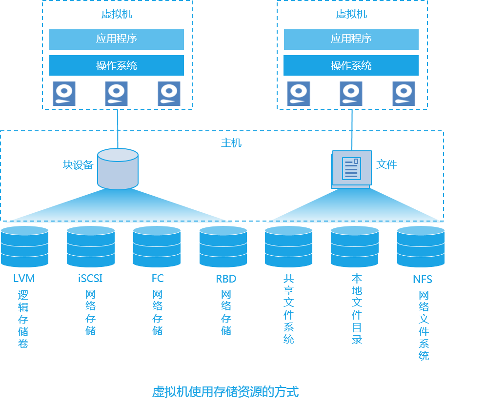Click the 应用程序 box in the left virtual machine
[x=117, y=39]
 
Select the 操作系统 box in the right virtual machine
[x=351, y=65]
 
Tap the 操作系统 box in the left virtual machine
[x=117, y=65]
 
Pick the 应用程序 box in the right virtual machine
[x=351, y=39]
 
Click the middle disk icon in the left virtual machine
[x=117, y=94]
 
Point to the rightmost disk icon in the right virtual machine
[x=404, y=94]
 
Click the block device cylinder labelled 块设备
[x=118, y=169]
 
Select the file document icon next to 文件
[x=351, y=169]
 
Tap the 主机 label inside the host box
[x=231, y=143]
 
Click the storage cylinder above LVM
[x=25, y=246]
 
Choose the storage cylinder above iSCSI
[x=91, y=246]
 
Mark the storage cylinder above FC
[x=157, y=246]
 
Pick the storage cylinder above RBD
[x=223, y=246]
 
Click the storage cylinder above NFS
[x=421, y=246]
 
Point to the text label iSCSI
[x=90, y=279]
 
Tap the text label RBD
[x=226, y=279]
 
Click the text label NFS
[x=422, y=280]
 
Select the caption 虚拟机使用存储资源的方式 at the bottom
[x=225, y=391]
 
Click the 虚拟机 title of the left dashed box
[x=117, y=14]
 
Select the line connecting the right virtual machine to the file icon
[x=352, y=129]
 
